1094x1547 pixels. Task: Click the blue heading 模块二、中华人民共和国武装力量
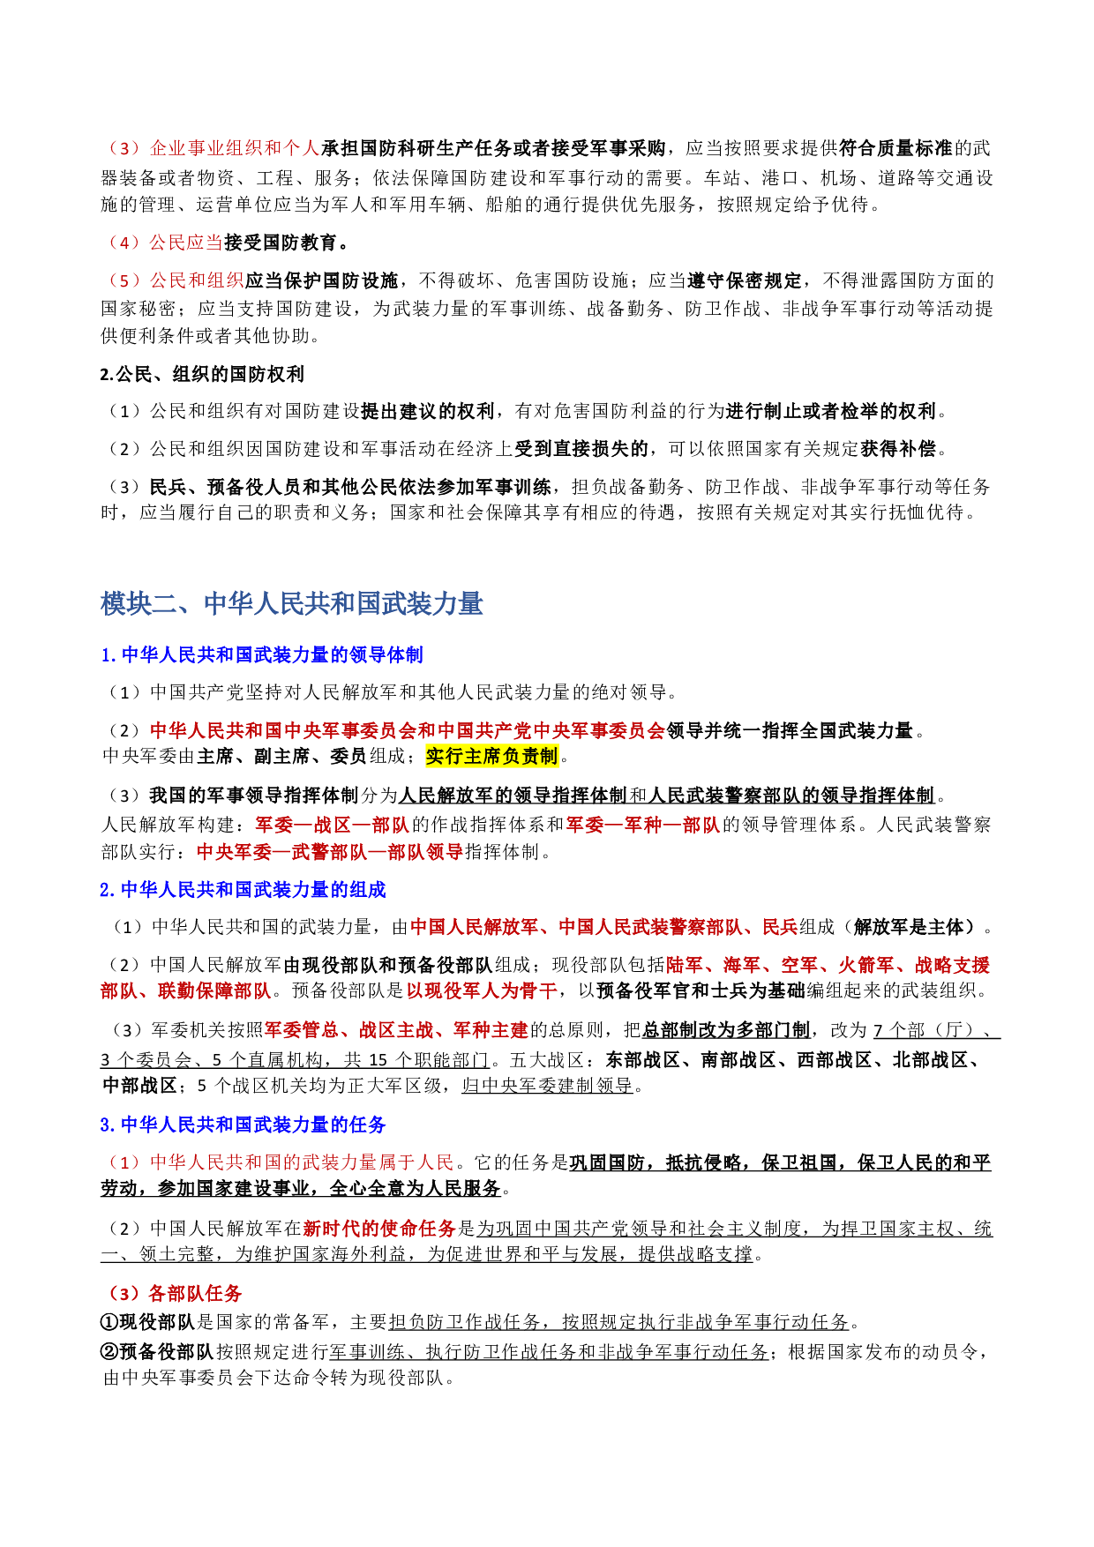pyautogui.click(x=291, y=604)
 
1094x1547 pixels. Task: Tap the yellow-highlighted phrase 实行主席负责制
pyautogui.click(x=491, y=756)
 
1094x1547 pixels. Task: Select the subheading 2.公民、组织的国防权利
pyautogui.click(x=202, y=374)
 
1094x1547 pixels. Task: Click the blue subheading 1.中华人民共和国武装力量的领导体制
pyautogui.click(x=262, y=654)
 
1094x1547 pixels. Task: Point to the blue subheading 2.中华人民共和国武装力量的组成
pyautogui.click(x=243, y=890)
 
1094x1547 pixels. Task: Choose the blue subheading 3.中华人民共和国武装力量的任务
pyautogui.click(x=243, y=1125)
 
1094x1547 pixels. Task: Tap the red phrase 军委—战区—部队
pyautogui.click(x=332, y=825)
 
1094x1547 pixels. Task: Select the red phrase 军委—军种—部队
pyautogui.click(x=642, y=825)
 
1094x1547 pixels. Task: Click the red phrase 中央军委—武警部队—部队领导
pyautogui.click(x=330, y=852)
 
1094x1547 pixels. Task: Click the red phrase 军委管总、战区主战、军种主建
pyautogui.click(x=396, y=1030)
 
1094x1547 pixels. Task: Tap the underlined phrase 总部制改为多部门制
pyautogui.click(x=725, y=1030)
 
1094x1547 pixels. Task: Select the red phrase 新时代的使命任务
pyautogui.click(x=378, y=1229)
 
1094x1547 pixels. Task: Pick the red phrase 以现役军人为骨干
pyautogui.click(x=481, y=990)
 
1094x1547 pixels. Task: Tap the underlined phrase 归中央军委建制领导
pyautogui.click(x=547, y=1086)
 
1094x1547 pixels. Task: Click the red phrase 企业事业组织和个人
pyautogui.click(x=234, y=148)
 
